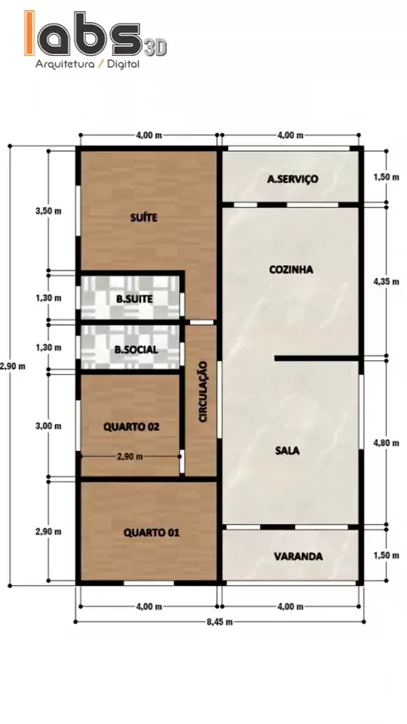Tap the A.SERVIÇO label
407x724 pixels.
293,179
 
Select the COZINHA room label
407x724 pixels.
291,270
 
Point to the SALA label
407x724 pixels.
287,450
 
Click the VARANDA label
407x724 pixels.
298,556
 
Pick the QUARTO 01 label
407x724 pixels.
152,533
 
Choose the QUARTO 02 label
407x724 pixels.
131,426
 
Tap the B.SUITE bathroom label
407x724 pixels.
135,299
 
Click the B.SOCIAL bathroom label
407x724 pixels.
136,349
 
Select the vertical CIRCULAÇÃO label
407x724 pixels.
203,392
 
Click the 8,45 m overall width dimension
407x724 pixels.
220,621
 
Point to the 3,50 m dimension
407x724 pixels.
48,211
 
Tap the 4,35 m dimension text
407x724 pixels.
386,281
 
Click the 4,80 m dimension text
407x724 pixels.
386,443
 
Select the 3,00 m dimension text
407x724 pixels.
48,426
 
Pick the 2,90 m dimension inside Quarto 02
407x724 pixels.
130,457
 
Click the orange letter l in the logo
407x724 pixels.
30,33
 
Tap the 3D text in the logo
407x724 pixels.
155,48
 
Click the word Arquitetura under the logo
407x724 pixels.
64,64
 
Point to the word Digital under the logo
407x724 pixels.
123,64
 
